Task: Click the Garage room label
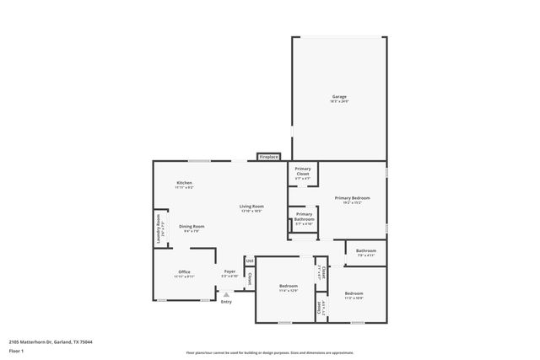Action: click(339, 98)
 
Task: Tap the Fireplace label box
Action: click(269, 157)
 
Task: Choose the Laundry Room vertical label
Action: click(158, 228)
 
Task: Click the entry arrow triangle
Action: click(225, 295)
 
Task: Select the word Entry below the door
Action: click(226, 302)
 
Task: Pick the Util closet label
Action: click(249, 261)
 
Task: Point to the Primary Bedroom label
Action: click(352, 200)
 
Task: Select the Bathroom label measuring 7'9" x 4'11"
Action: click(366, 251)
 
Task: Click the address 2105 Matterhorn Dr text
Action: click(51, 342)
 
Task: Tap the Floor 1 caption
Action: click(17, 352)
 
